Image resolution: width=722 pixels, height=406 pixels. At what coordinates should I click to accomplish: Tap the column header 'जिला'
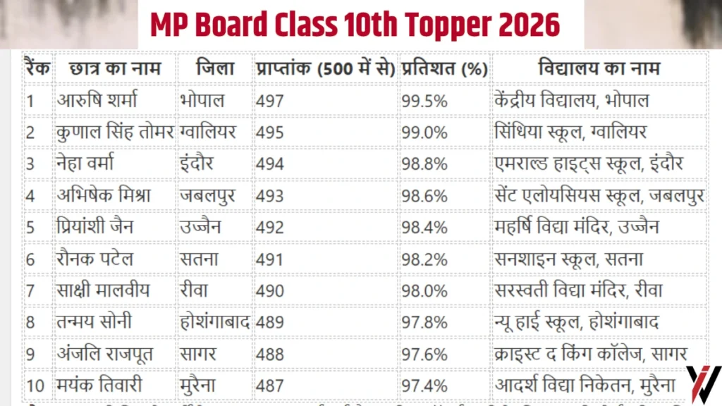[x=215, y=69]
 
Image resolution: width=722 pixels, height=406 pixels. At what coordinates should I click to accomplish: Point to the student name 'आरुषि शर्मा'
[x=97, y=101]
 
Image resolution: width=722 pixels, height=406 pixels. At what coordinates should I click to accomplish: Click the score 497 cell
[x=270, y=101]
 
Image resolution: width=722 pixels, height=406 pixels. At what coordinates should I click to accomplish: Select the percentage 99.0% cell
[x=424, y=133]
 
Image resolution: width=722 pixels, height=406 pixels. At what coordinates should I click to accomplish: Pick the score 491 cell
[x=270, y=259]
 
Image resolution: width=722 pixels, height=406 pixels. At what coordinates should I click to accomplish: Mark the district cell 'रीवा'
[x=195, y=290]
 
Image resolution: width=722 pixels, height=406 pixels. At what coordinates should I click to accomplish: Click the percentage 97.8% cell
[x=424, y=322]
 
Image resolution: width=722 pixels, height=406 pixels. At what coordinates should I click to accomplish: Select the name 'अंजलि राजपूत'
[x=106, y=354]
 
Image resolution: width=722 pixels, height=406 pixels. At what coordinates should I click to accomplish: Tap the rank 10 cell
[x=35, y=386]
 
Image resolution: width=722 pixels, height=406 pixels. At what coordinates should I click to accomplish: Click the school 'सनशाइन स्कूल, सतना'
[x=569, y=259]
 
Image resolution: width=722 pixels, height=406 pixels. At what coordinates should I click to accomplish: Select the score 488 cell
[x=270, y=354]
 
